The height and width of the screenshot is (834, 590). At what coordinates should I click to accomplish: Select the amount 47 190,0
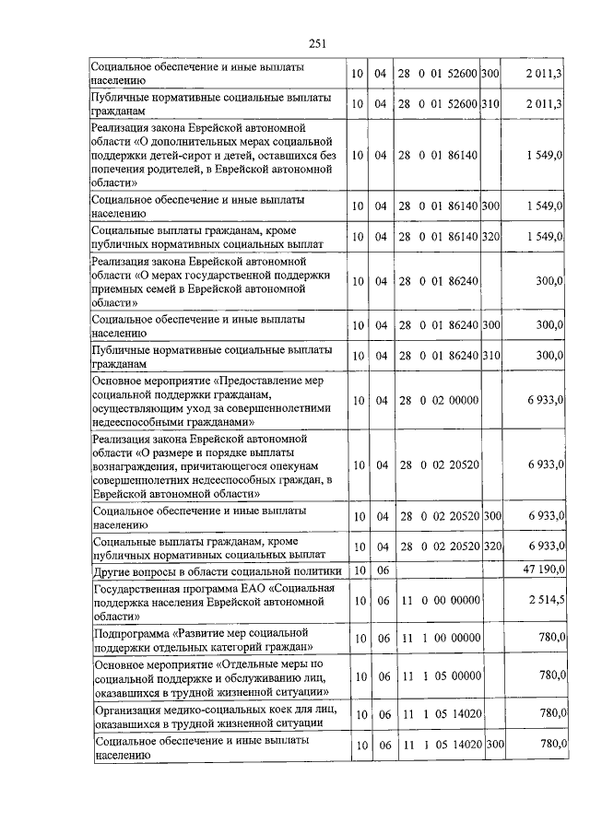pyautogui.click(x=543, y=570)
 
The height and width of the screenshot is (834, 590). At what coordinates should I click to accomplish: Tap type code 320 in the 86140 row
pyautogui.click(x=490, y=238)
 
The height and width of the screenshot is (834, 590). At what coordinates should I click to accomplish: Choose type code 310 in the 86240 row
pyautogui.click(x=490, y=355)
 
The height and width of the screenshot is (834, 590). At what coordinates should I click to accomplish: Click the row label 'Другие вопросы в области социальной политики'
pyautogui.click(x=217, y=570)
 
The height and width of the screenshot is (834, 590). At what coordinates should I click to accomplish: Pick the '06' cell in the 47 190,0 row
pyautogui.click(x=383, y=570)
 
